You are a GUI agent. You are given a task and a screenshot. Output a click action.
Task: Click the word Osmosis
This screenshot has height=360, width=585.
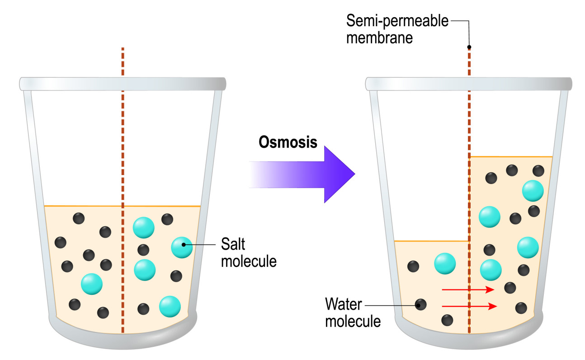(288, 142)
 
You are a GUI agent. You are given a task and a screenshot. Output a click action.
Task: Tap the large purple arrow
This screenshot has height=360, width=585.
(316, 174)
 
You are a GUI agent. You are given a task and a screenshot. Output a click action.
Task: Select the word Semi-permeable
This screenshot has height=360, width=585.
(397, 20)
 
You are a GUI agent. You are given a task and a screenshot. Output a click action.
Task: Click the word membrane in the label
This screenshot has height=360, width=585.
(380, 37)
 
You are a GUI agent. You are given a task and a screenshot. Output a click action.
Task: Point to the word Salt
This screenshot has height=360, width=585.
(233, 245)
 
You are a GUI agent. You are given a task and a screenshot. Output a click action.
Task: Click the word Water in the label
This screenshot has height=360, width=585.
(344, 304)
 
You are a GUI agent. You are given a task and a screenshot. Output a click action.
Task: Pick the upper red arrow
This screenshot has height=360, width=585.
(468, 289)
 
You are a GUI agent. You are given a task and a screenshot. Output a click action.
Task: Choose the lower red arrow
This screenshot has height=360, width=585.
(469, 306)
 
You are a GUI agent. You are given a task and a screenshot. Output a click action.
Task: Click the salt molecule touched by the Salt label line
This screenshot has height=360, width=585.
(182, 247)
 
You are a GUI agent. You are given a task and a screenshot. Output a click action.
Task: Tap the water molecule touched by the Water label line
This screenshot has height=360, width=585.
(421, 304)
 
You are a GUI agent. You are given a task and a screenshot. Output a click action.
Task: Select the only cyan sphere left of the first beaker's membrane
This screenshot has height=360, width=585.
(92, 284)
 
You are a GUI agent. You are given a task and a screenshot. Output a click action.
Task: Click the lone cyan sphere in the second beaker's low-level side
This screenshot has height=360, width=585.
(445, 263)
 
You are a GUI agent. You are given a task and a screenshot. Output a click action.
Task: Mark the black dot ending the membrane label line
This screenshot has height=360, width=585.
(469, 47)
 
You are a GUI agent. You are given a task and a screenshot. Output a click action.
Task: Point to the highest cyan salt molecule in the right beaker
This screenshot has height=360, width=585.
(533, 191)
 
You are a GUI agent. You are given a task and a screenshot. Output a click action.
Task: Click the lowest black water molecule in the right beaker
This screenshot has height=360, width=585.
(447, 320)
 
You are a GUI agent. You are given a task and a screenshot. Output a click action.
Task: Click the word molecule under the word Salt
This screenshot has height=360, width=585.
(248, 261)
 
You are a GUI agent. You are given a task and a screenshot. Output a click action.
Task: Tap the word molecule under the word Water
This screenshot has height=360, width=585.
(353, 322)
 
